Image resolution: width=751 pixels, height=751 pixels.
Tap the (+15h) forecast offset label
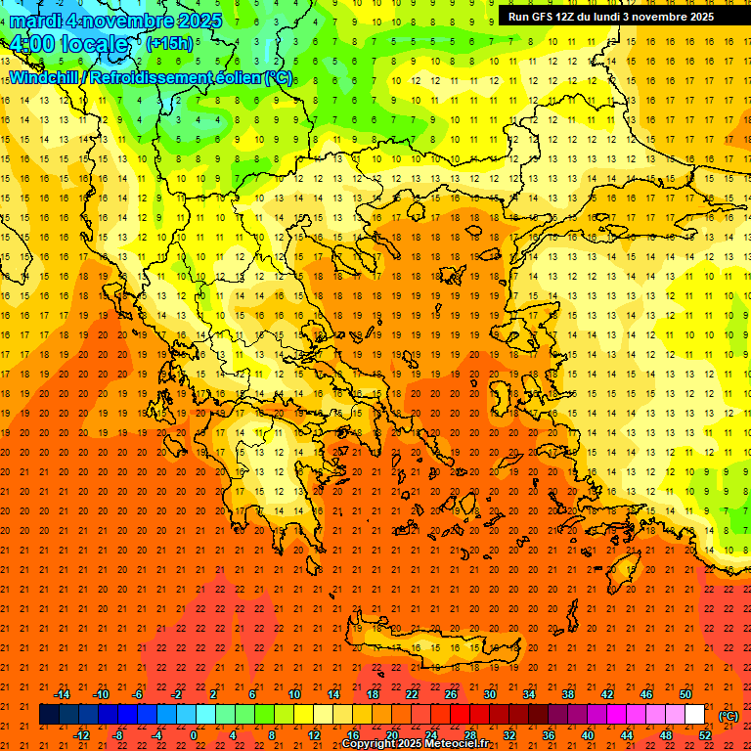coord(169,43)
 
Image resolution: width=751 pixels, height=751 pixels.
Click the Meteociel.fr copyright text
coord(449,744)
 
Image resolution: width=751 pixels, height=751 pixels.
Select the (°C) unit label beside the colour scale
coord(729,716)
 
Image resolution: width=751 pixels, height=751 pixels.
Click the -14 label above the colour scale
coord(62,694)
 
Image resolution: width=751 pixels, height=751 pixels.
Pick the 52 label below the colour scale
coord(705,735)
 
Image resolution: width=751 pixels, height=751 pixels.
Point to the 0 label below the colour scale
coord(194,735)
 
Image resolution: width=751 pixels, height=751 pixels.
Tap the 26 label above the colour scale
coord(451,694)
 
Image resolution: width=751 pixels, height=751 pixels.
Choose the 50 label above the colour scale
coord(685,694)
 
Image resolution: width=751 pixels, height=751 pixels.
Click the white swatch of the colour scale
coord(695,715)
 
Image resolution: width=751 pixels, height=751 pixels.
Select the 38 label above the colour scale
coord(568,694)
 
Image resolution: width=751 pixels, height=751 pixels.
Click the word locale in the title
coord(94,44)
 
